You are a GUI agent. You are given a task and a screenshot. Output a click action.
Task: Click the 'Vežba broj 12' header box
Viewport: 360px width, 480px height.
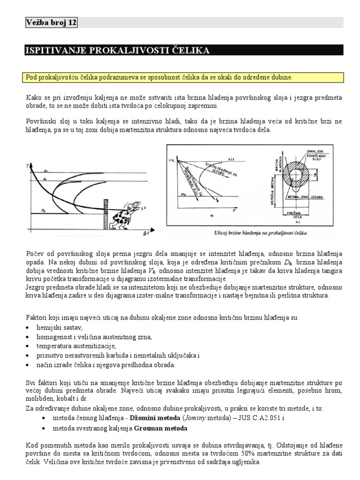click(51, 22)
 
